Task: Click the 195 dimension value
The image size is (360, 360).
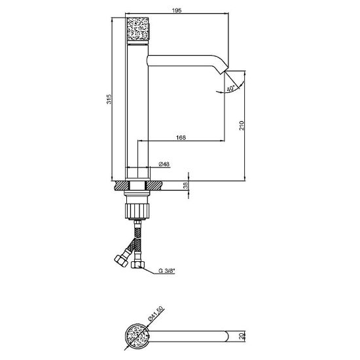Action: pos(177,10)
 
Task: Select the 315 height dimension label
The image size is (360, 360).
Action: pos(109,99)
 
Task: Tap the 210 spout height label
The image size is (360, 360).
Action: pos(242,126)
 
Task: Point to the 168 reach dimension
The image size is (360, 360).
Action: pos(181,137)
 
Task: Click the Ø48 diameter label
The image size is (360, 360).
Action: pos(164,164)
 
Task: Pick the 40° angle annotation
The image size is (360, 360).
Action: pos(231,88)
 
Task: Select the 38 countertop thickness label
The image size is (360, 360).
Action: pos(185,185)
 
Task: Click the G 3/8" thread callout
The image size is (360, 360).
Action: pos(167,271)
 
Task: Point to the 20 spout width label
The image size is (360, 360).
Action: pos(241,336)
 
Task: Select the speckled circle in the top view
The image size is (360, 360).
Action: pos(137,336)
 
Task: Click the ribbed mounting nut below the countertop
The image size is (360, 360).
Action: pos(137,211)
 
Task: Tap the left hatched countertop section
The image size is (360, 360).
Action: pos(122,185)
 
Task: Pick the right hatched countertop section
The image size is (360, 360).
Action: pos(154,185)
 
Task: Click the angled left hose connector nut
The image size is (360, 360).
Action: pos(121,261)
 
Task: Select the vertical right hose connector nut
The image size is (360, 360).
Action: pos(137,264)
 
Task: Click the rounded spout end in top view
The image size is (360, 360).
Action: pos(226,336)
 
